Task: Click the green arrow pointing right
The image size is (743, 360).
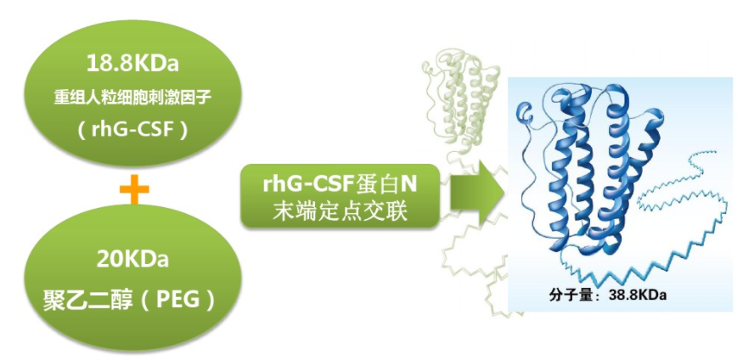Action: [x=475, y=194]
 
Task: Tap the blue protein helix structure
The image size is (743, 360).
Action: [x=594, y=170]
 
